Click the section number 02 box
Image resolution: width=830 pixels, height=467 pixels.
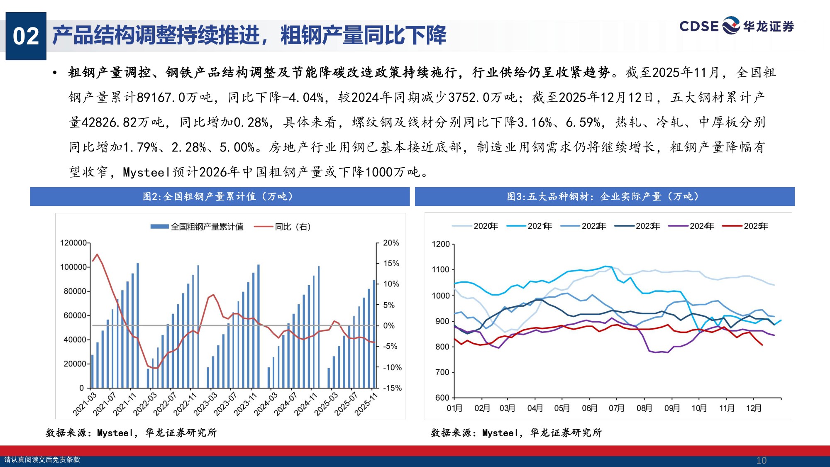[26, 36]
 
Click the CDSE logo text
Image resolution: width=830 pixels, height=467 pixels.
[699, 27]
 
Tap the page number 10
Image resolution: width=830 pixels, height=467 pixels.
[761, 460]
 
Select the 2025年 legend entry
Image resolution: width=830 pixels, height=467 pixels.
[746, 226]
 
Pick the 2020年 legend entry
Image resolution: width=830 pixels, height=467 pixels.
[475, 226]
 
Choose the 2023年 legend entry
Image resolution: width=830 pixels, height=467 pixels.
[637, 226]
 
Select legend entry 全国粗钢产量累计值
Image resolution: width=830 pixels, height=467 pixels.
[197, 227]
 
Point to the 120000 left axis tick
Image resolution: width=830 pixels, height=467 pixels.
[73, 243]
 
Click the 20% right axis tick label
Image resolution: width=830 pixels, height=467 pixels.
[391, 243]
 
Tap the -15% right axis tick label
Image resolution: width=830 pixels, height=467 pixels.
[392, 388]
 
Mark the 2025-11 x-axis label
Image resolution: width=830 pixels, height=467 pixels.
[366, 404]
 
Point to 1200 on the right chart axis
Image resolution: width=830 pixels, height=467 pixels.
[441, 244]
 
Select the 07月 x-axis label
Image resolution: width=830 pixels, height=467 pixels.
[617, 408]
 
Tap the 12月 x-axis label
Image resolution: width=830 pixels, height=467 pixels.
[754, 408]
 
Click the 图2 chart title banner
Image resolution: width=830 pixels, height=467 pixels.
[220, 196]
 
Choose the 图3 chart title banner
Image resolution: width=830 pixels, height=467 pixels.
[605, 196]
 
